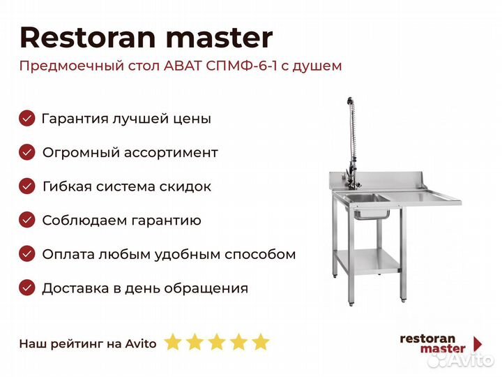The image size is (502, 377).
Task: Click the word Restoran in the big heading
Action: [x=88, y=38]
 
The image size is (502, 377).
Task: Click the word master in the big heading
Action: [x=220, y=38]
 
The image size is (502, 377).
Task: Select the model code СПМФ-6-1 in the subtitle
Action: [x=241, y=66]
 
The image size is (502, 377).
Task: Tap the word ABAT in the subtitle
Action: [x=183, y=66]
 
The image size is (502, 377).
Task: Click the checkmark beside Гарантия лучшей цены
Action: [x=27, y=118]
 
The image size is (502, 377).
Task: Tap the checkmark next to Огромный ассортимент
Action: [x=27, y=152]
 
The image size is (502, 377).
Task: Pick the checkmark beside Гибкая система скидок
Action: [x=27, y=186]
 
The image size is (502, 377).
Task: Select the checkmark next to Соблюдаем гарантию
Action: [x=27, y=220]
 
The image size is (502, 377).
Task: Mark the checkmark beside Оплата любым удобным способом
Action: [x=27, y=254]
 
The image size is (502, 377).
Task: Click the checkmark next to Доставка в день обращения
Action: [x=27, y=288]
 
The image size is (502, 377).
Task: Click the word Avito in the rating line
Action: [x=141, y=343]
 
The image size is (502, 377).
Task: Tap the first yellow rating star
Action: [x=173, y=341]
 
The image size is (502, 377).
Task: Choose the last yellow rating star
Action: [x=261, y=341]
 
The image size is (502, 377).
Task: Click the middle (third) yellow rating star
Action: [x=217, y=341]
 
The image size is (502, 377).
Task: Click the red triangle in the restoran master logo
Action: [x=478, y=344]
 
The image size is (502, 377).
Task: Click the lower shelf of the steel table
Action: [x=368, y=261]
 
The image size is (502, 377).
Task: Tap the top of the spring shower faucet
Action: [x=350, y=101]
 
